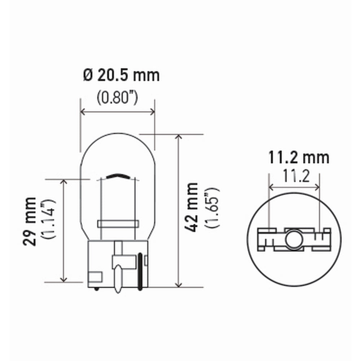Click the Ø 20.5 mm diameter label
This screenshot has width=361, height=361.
point(121,75)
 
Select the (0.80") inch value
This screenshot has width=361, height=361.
point(117,97)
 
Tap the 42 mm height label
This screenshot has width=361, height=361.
point(191,207)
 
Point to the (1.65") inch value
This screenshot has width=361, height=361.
point(212,208)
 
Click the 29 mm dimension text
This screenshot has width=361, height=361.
point(30,222)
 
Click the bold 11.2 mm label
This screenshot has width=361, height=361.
point(299,158)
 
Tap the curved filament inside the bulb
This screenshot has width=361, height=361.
point(118,175)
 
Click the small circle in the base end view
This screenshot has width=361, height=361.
point(294,239)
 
